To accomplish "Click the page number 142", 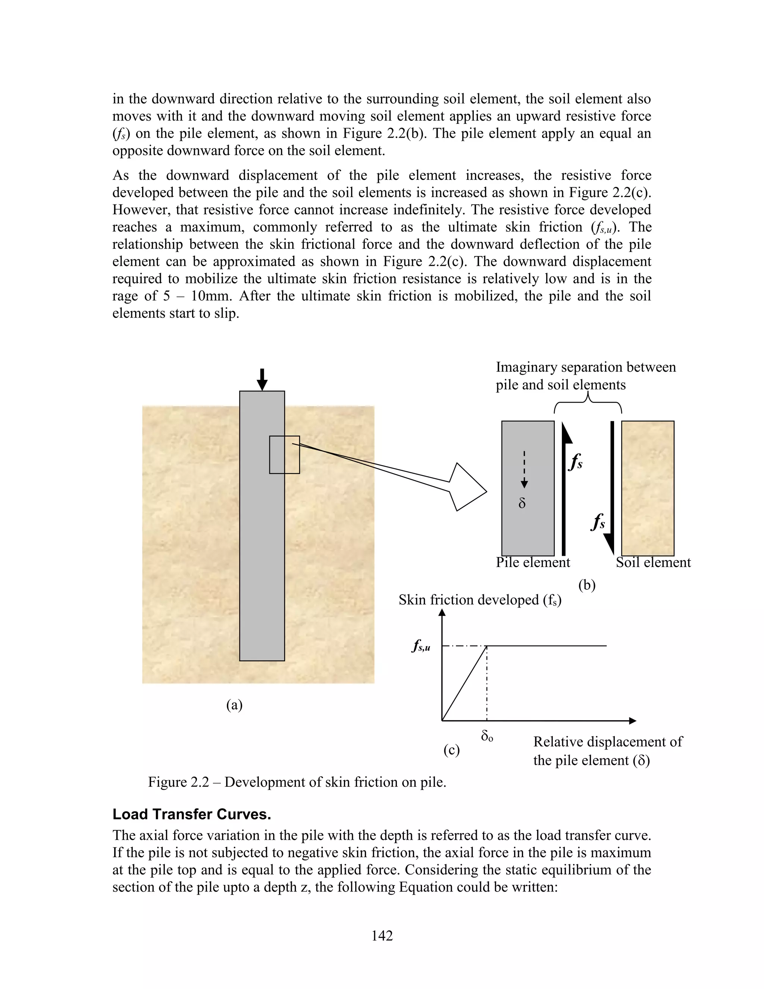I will pos(382,936).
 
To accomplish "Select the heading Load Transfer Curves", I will pos(191,814).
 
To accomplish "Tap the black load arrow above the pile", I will pos(262,380).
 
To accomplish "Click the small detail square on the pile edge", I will pos(284,455).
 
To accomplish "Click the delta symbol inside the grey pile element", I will pos(522,503).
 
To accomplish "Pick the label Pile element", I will pos(533,562).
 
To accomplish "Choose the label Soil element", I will pos(653,562).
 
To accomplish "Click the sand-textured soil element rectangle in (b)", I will pos(648,488).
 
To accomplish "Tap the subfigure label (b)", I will pos(586,585).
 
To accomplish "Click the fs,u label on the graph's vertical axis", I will pos(421,646).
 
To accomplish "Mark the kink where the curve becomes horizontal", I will pos(487,646).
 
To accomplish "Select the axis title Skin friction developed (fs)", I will pos(480,600).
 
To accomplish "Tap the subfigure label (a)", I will pos(234,705).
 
